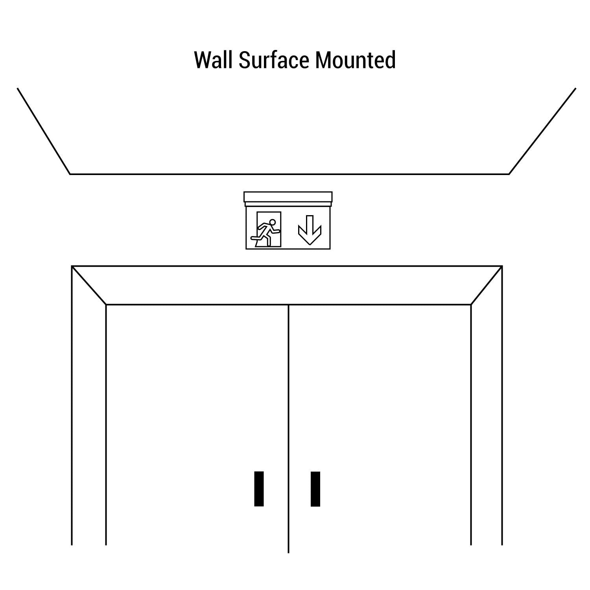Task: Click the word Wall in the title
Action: pyautogui.click(x=214, y=60)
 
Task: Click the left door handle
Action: pyautogui.click(x=259, y=489)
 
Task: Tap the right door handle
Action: pyautogui.click(x=315, y=489)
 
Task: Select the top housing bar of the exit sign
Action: pyautogui.click(x=288, y=197)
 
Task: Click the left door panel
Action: pyautogui.click(x=197, y=425)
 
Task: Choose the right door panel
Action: pyautogui.click(x=380, y=425)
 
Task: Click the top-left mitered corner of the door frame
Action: pyautogui.click(x=89, y=286)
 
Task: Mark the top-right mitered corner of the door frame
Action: pyautogui.click(x=487, y=286)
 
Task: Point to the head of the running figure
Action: pyautogui.click(x=271, y=222)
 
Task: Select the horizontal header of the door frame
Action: pyautogui.click(x=287, y=286)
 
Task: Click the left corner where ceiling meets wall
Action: pyautogui.click(x=70, y=174)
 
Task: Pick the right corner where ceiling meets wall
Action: pyautogui.click(x=509, y=174)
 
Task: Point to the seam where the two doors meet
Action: pyautogui.click(x=289, y=429)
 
